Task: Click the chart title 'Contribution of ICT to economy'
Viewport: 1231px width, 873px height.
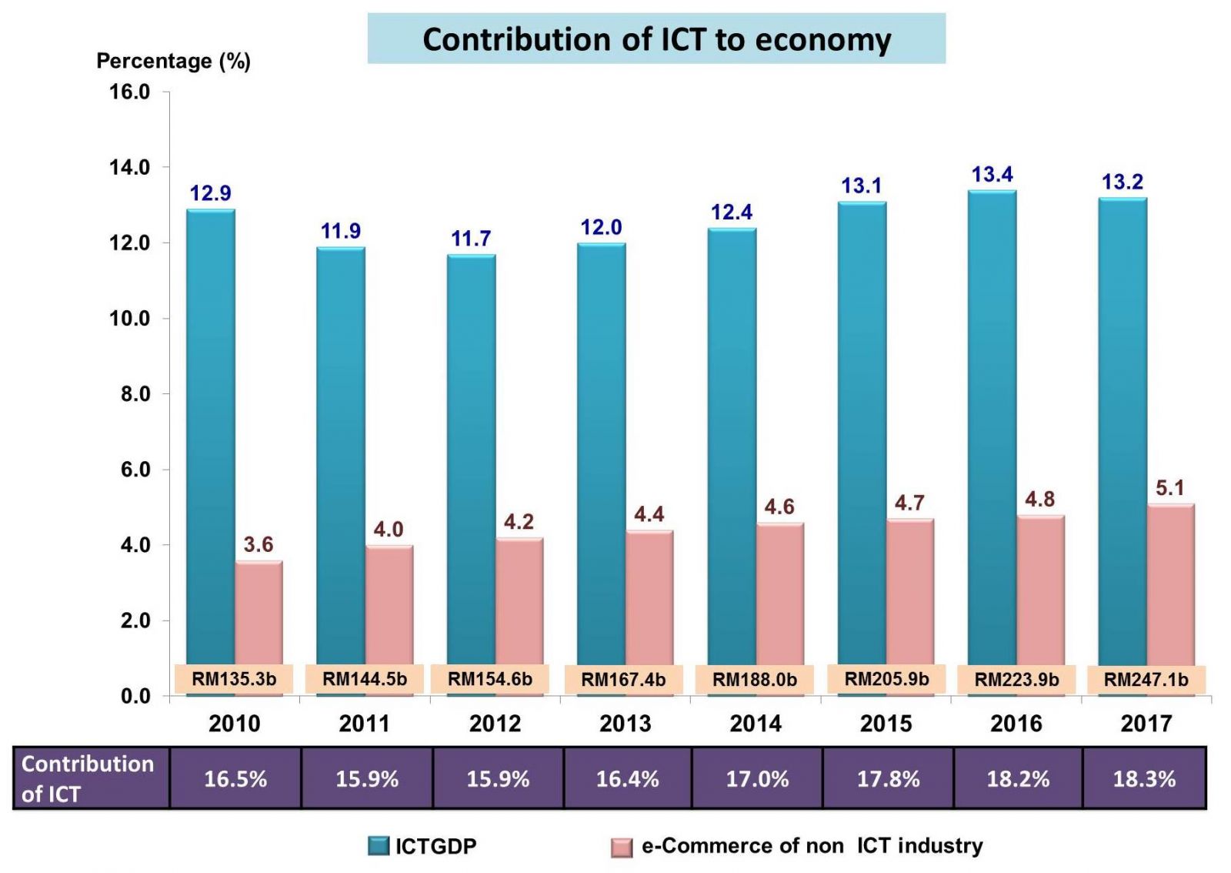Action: [656, 39]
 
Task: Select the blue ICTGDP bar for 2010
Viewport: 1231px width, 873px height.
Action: [211, 431]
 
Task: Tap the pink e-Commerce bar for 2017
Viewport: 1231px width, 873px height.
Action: [1170, 585]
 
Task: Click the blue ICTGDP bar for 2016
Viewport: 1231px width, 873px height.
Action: [992, 423]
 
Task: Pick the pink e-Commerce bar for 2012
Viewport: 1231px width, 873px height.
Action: [519, 600]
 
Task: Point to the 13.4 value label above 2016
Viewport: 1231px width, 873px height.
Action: [992, 175]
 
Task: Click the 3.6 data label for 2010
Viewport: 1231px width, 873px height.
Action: [259, 545]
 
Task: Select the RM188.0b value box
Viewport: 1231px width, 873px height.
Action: [755, 680]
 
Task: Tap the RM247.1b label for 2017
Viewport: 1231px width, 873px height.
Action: [1146, 680]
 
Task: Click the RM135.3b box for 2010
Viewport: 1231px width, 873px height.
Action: [234, 679]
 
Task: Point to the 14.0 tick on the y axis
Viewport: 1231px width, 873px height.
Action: [129, 167]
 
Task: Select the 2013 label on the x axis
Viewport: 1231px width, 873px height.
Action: [626, 724]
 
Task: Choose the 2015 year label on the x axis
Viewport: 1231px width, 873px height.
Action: [886, 724]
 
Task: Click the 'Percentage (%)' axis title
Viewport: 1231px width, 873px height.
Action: [173, 61]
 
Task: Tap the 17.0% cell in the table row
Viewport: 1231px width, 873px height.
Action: [757, 779]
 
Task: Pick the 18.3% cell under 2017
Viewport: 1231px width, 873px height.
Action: [1144, 779]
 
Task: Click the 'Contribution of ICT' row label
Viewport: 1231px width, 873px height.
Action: [88, 778]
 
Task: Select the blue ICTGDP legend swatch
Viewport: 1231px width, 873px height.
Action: [379, 846]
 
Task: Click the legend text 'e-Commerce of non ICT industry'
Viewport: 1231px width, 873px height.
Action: [812, 846]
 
